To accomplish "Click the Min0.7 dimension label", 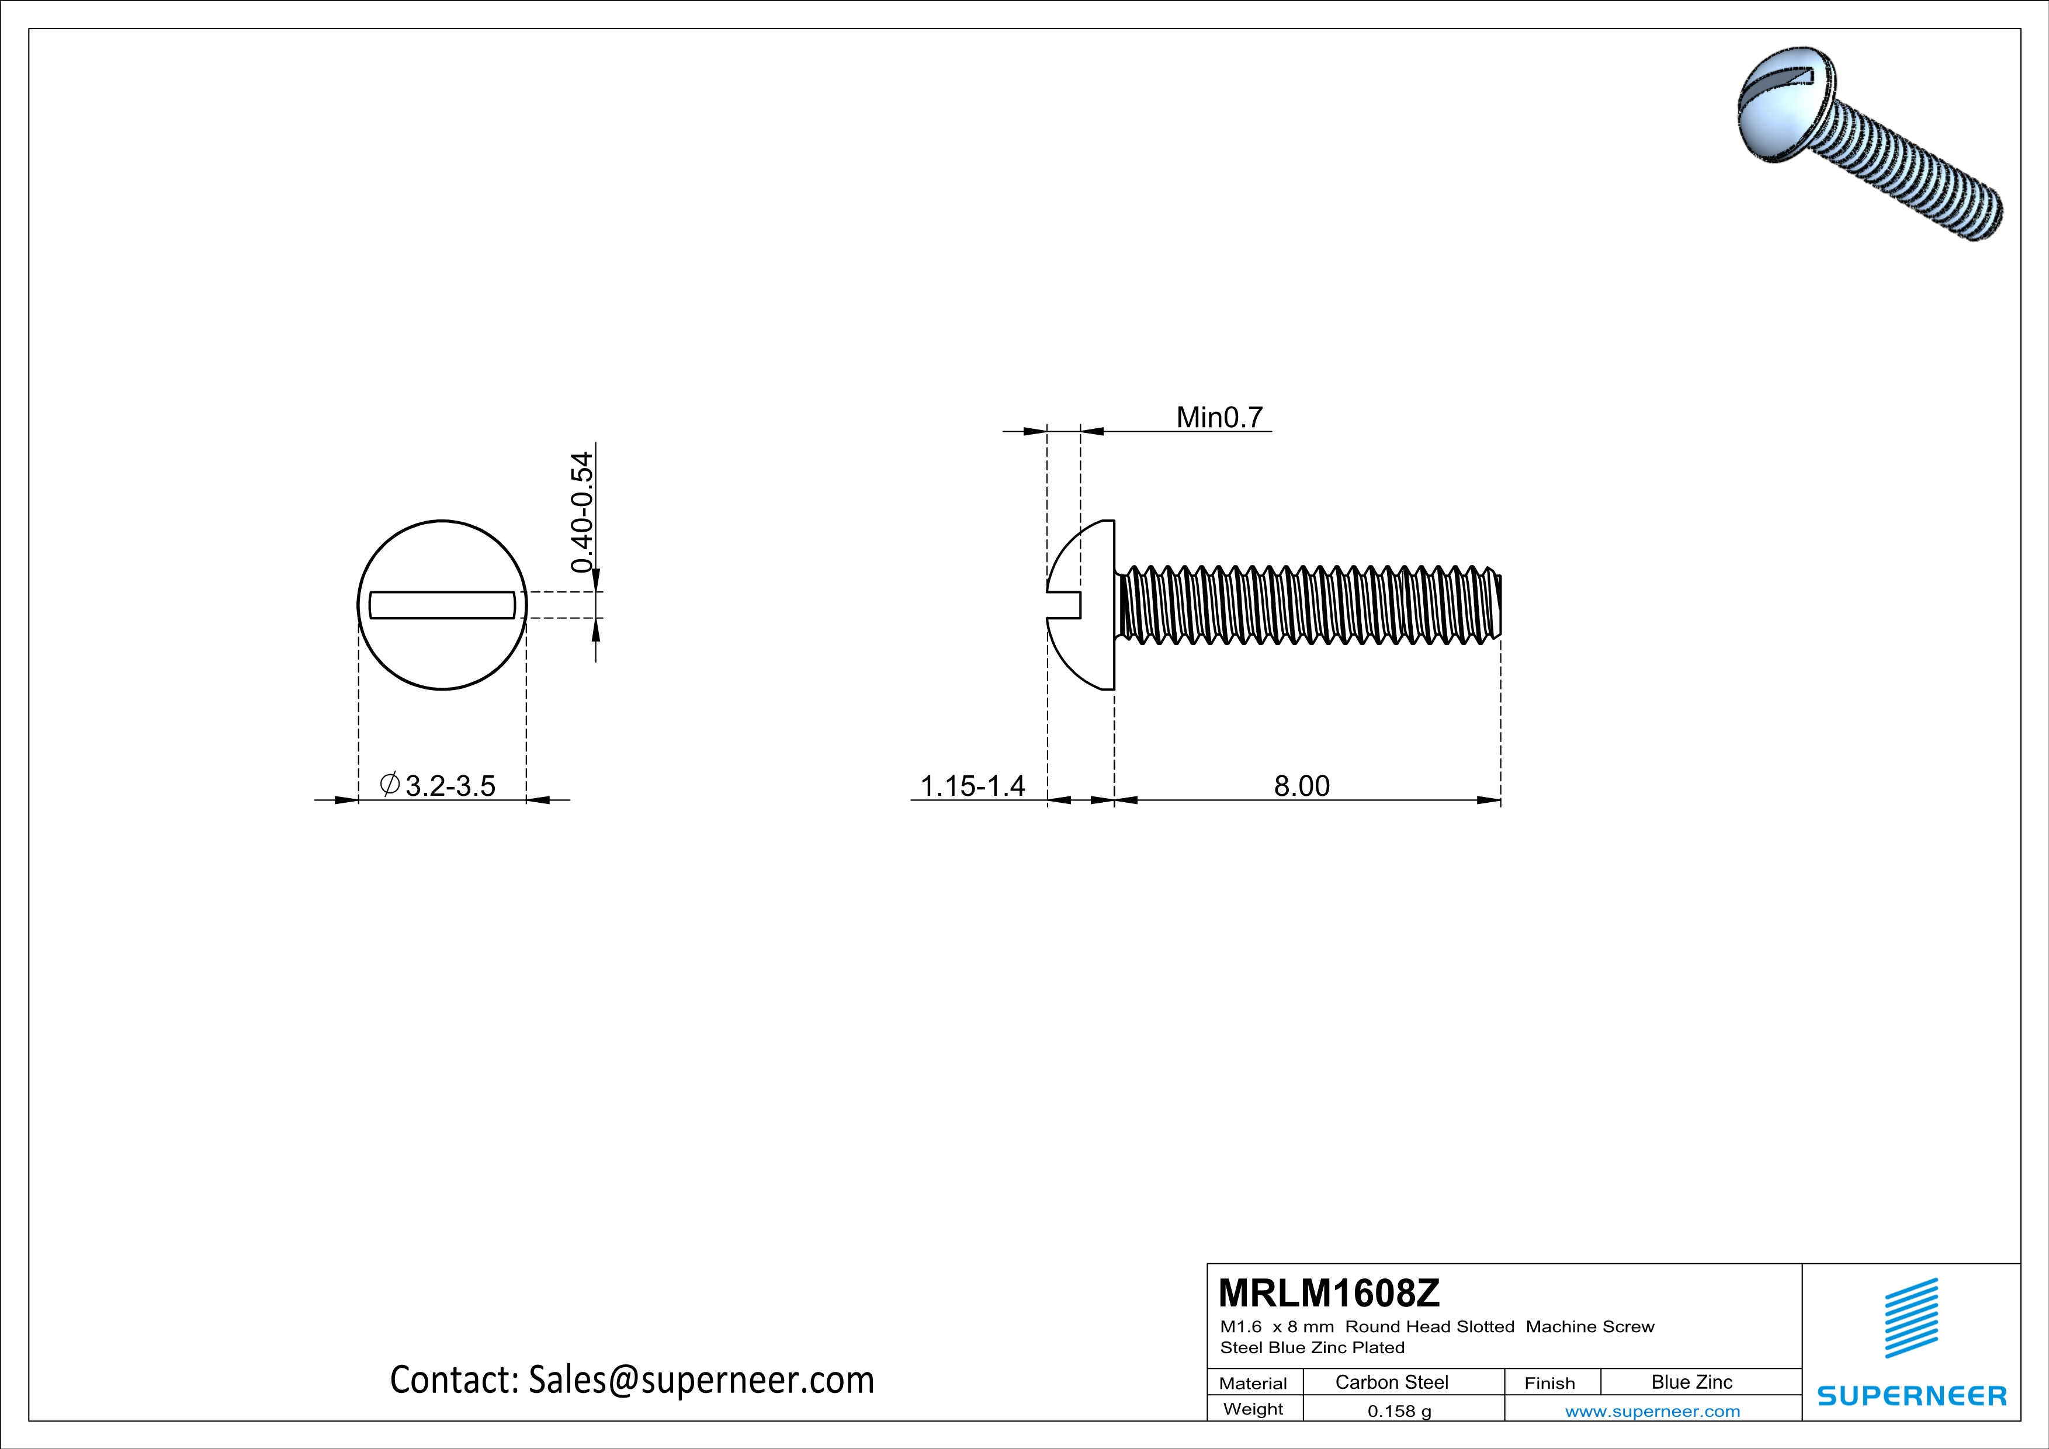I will pyautogui.click(x=1219, y=418).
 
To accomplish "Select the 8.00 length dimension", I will pyautogui.click(x=1301, y=786).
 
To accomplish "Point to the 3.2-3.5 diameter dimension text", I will pyautogui.click(x=450, y=786).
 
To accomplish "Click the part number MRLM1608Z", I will pyautogui.click(x=1329, y=1293).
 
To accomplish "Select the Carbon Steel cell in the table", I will pyautogui.click(x=1391, y=1382).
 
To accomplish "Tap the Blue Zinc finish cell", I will pyautogui.click(x=1691, y=1382).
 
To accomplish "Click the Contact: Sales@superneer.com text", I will pyautogui.click(x=632, y=1379).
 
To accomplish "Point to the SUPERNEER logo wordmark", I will pyautogui.click(x=1912, y=1395).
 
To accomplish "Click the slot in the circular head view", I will pyautogui.click(x=442, y=605).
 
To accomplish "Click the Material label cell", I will pyautogui.click(x=1253, y=1383).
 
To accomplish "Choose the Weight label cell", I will pyautogui.click(x=1253, y=1409).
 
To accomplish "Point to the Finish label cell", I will pyautogui.click(x=1549, y=1383).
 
